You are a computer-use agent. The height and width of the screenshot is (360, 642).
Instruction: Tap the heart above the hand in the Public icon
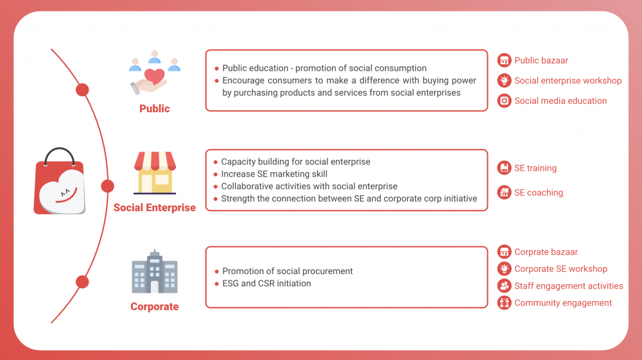pyautogui.click(x=154, y=76)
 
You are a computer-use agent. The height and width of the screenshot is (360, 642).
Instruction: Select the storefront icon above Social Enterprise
pyautogui.click(x=155, y=173)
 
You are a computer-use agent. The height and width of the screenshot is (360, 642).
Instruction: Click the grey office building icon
pyautogui.click(x=154, y=271)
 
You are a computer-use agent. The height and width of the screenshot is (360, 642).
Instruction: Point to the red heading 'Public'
pyautogui.click(x=154, y=108)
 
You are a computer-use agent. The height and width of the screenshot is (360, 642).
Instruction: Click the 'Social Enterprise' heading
pyautogui.click(x=154, y=207)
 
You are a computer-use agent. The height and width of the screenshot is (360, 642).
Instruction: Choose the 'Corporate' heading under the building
pyautogui.click(x=154, y=306)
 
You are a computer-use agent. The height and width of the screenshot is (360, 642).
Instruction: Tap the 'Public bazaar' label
pyautogui.click(x=541, y=60)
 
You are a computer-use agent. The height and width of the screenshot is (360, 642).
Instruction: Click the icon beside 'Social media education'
pyautogui.click(x=504, y=101)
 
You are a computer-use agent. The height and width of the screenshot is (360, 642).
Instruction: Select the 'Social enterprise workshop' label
pyautogui.click(x=568, y=81)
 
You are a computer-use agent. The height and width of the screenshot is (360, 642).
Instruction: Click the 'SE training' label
pyautogui.click(x=535, y=168)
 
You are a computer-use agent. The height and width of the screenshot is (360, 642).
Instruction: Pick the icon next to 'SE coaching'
pyautogui.click(x=504, y=193)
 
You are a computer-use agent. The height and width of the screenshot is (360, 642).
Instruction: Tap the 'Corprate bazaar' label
pyautogui.click(x=546, y=252)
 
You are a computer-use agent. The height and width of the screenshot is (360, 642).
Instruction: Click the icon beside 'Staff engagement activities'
pyautogui.click(x=504, y=286)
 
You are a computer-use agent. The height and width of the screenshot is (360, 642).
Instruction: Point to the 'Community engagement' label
pyautogui.click(x=563, y=303)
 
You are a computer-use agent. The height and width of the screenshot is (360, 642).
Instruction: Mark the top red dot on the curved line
pyautogui.click(x=82, y=90)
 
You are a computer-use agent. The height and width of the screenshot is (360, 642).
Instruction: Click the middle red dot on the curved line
pyautogui.click(x=107, y=186)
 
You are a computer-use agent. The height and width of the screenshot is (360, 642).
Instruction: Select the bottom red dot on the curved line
pyautogui.click(x=82, y=282)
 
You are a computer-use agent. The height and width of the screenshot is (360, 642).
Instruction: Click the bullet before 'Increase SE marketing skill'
pyautogui.click(x=215, y=175)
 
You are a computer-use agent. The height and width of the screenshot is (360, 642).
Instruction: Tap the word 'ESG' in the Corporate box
pyautogui.click(x=230, y=284)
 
